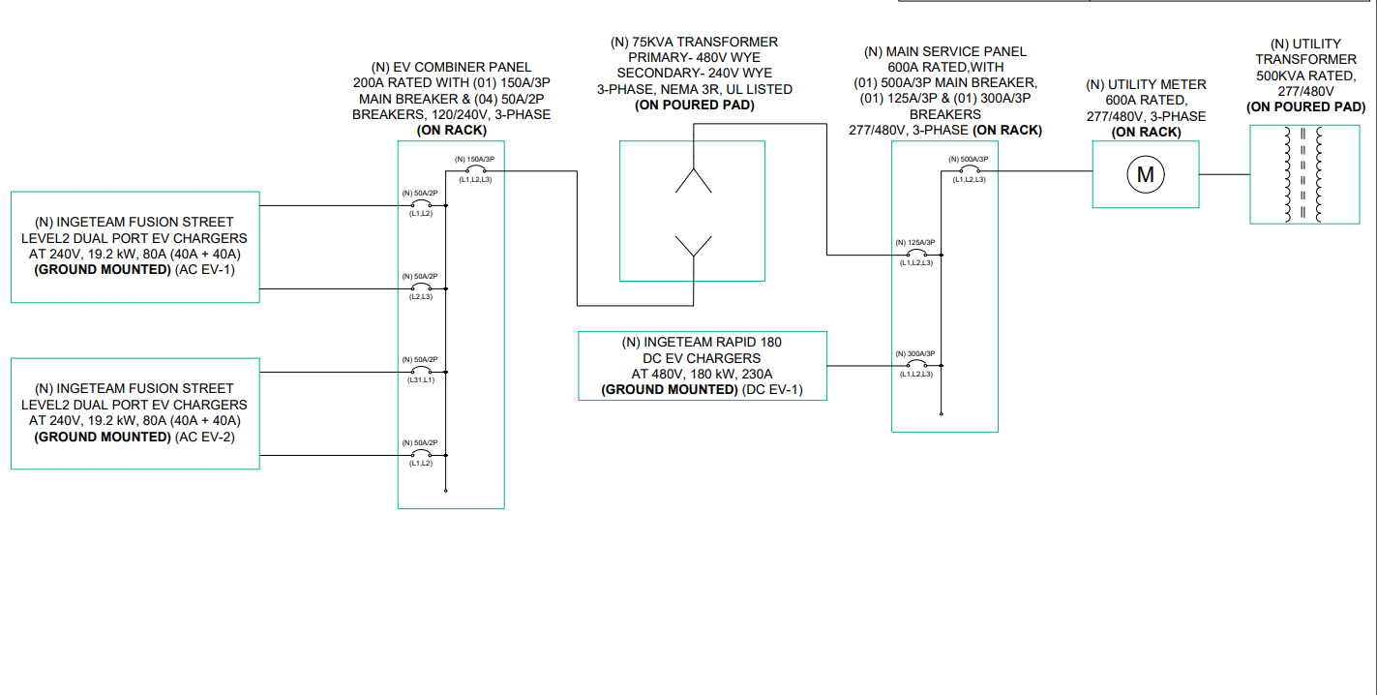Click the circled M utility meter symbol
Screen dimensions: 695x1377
point(1146,175)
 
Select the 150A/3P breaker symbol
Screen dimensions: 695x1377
point(474,171)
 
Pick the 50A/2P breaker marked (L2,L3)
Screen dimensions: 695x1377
point(420,288)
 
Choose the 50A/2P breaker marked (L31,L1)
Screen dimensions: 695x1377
point(420,372)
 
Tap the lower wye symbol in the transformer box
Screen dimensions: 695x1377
point(693,247)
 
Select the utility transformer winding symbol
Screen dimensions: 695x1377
point(1302,174)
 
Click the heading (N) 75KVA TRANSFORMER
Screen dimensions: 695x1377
point(694,42)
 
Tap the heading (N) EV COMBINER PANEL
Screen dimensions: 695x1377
point(451,67)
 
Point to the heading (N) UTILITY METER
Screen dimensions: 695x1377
point(1146,84)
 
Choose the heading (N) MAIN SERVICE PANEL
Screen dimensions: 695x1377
point(944,51)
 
